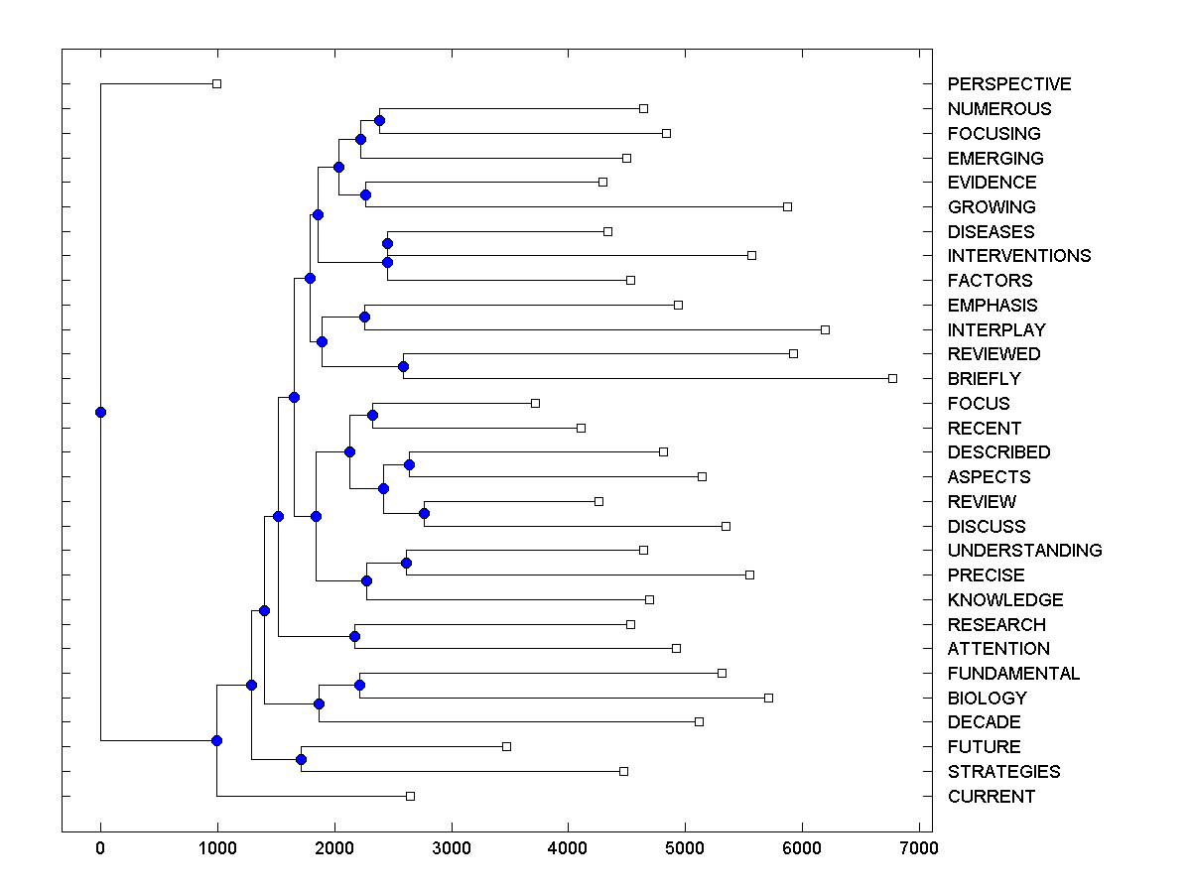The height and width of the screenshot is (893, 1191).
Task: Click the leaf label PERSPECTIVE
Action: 1008,84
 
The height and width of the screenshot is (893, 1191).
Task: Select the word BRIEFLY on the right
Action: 984,379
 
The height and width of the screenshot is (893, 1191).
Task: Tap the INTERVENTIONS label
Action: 1018,256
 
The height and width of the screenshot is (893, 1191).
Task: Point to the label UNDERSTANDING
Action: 1024,551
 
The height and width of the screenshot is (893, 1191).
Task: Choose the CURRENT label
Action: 991,797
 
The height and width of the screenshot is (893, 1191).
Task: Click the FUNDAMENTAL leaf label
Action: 1013,674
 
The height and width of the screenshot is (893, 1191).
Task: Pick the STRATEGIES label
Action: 1003,772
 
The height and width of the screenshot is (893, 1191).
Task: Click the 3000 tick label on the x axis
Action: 452,847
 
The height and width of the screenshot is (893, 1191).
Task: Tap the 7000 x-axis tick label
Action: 919,847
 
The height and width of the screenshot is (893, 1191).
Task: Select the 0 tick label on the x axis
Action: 100,847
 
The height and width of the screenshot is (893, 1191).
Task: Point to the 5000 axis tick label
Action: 685,847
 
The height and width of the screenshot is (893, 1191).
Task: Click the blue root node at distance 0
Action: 100,412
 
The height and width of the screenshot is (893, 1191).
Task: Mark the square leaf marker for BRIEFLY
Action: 892,378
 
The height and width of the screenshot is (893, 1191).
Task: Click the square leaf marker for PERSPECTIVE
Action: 217,84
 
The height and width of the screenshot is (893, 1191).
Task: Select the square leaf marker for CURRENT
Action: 410,796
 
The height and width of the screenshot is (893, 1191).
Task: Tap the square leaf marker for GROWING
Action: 787,206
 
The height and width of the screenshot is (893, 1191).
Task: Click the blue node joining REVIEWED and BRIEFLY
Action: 403,366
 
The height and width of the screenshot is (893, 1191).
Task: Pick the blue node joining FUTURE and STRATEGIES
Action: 301,759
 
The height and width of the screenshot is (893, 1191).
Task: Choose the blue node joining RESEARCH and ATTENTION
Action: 354,636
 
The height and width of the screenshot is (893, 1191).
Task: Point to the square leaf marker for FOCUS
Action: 535,403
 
